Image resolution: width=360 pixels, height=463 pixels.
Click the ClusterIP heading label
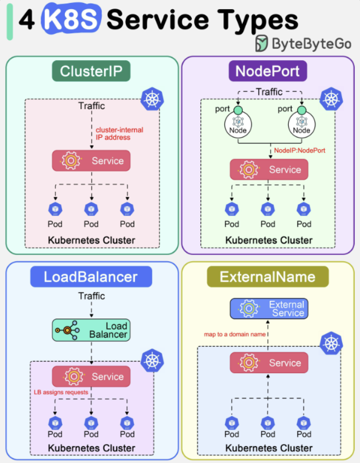[91, 72]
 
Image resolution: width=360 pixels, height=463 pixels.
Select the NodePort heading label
[268, 71]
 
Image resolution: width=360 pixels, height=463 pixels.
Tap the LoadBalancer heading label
[91, 277]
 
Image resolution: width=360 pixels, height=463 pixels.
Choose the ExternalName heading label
[267, 277]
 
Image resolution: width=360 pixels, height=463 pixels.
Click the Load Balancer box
[91, 330]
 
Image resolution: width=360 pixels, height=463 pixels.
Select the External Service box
[269, 309]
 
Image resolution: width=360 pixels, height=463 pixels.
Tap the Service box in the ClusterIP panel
[91, 161]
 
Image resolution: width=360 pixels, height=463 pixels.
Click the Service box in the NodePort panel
[269, 169]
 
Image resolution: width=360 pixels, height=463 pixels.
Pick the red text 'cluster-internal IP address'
[120, 133]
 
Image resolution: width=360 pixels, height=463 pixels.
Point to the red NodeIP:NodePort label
[300, 150]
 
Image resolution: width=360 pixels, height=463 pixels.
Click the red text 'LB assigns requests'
[61, 392]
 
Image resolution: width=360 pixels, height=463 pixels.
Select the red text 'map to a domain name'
[235, 334]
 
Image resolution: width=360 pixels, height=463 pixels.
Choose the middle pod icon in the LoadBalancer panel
[91, 423]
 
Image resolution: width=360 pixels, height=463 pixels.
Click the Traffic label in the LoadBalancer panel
[91, 297]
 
